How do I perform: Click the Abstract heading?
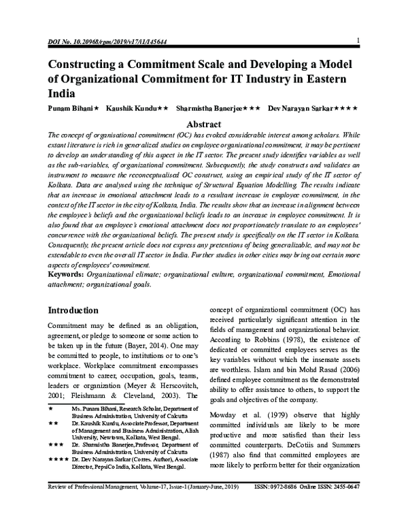[204, 125]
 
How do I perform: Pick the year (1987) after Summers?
[232, 449]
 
